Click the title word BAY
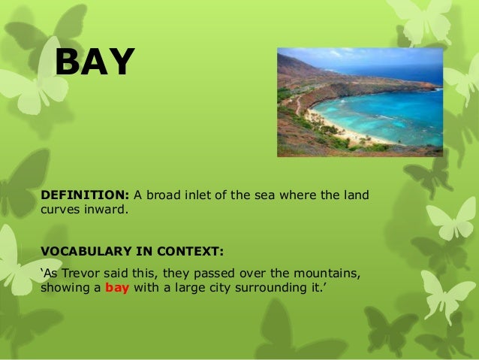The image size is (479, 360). coord(95,62)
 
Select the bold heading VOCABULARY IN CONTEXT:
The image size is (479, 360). coord(131,249)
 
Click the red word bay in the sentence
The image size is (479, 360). coord(117,286)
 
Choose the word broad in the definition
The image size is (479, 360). coord(161,195)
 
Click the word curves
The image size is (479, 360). coord(60,210)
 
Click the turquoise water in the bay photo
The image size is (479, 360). coord(390,113)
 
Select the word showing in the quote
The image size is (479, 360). coord(65,286)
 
